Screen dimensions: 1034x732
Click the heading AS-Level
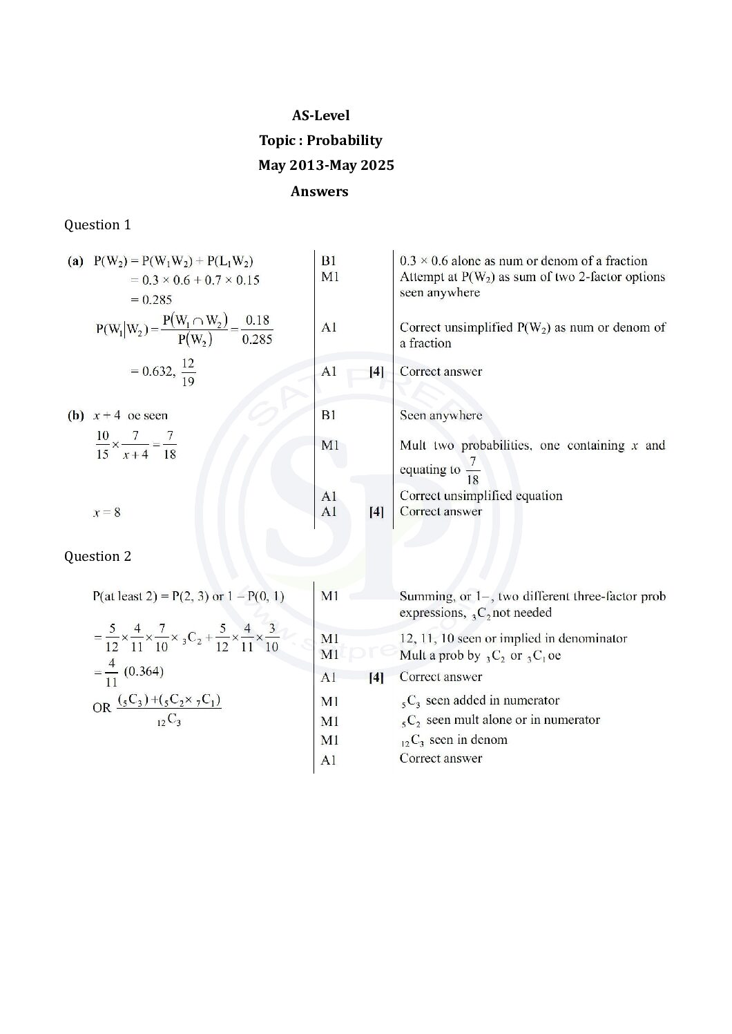(x=320, y=115)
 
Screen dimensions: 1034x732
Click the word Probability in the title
(x=344, y=140)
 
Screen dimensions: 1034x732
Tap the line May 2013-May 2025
(x=326, y=165)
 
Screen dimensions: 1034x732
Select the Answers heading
(x=319, y=191)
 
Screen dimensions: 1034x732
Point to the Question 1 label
(x=97, y=224)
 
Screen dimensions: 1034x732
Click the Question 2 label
(x=97, y=556)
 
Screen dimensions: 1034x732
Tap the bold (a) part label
(x=75, y=261)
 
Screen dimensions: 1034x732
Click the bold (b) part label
(x=75, y=415)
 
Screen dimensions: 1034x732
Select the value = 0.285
(x=151, y=300)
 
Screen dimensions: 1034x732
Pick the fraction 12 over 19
(x=188, y=372)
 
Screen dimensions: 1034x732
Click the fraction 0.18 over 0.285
(x=257, y=329)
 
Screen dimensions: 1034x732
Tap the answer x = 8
(x=106, y=513)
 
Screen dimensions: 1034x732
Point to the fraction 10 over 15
(x=102, y=445)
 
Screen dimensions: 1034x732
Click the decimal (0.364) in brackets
(x=144, y=671)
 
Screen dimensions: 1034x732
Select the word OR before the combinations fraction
(x=102, y=708)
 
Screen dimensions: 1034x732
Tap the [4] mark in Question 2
(x=376, y=677)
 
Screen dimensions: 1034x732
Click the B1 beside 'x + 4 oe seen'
(x=329, y=415)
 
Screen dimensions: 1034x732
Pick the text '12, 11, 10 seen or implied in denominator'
(x=513, y=638)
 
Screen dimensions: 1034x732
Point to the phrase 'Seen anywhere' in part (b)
(x=441, y=415)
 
